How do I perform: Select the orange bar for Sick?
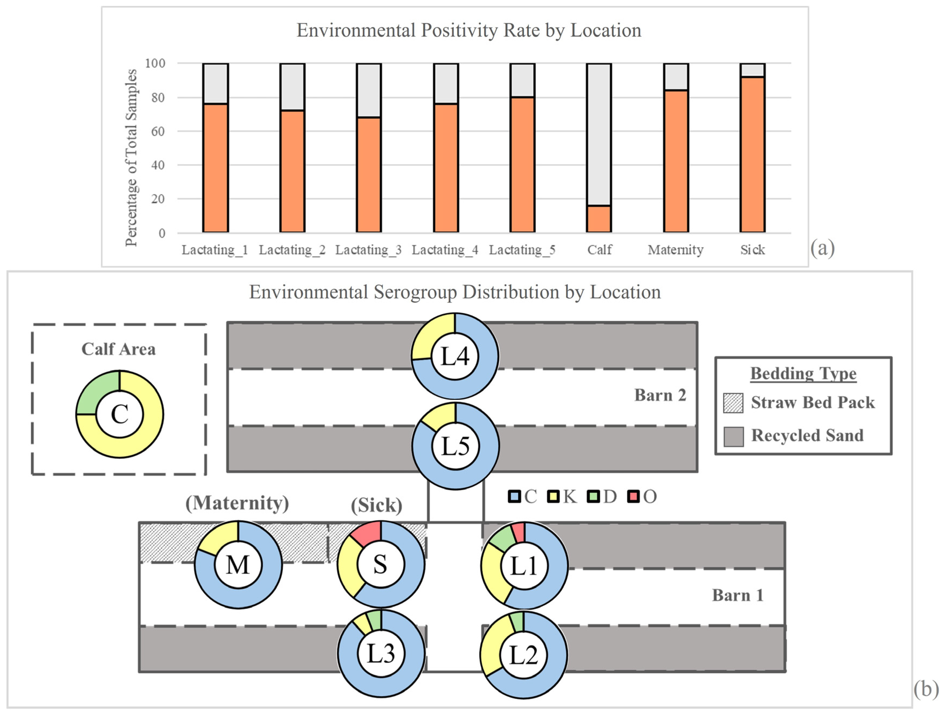(752, 154)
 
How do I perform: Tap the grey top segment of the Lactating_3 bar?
(369, 90)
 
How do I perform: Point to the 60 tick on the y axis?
(158, 131)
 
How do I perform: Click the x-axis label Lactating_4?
(445, 250)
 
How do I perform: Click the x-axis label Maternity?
(675, 250)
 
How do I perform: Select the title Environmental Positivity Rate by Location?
(469, 30)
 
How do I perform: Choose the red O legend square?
(633, 497)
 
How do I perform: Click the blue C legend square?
(514, 497)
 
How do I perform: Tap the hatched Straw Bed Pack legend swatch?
(733, 403)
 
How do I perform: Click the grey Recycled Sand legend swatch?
(733, 436)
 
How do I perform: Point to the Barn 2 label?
(660, 395)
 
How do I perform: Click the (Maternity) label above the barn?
(237, 503)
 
